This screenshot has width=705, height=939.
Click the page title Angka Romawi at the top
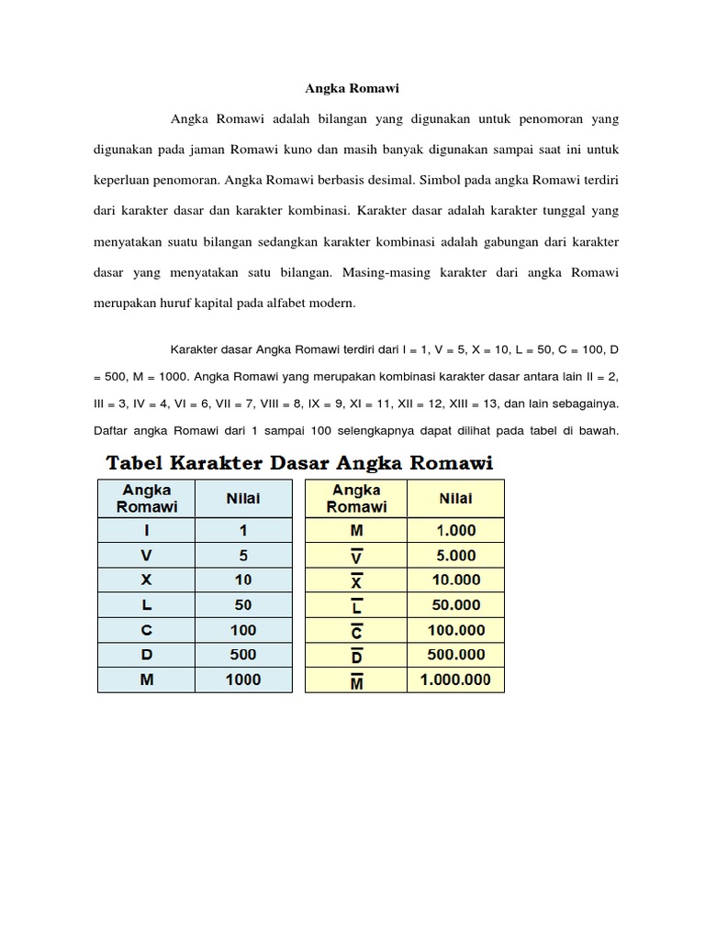[352, 90]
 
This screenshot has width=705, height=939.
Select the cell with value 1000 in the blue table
[243, 679]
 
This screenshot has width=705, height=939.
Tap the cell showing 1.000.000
[455, 679]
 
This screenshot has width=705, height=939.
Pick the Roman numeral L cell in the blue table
[147, 605]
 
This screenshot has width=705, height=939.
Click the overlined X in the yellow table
[357, 580]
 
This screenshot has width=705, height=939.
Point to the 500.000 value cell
[455, 655]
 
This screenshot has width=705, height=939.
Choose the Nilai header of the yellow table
[455, 499]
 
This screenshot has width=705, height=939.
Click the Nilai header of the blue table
[243, 499]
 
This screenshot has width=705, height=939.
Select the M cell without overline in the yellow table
[357, 531]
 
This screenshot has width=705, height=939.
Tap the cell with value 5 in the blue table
[243, 556]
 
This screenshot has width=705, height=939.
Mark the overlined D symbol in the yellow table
[357, 655]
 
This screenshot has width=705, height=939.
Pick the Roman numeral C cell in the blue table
[147, 630]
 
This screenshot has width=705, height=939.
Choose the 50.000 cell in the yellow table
[455, 605]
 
